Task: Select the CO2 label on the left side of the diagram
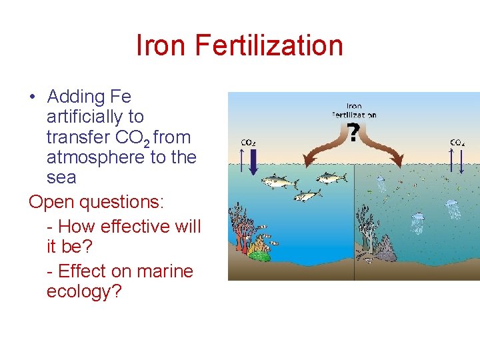pos(247,142)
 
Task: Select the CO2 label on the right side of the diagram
pos(457,142)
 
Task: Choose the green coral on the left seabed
pos(260,254)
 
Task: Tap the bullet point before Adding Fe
pos(33,97)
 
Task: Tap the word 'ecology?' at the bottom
pos(84,291)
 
